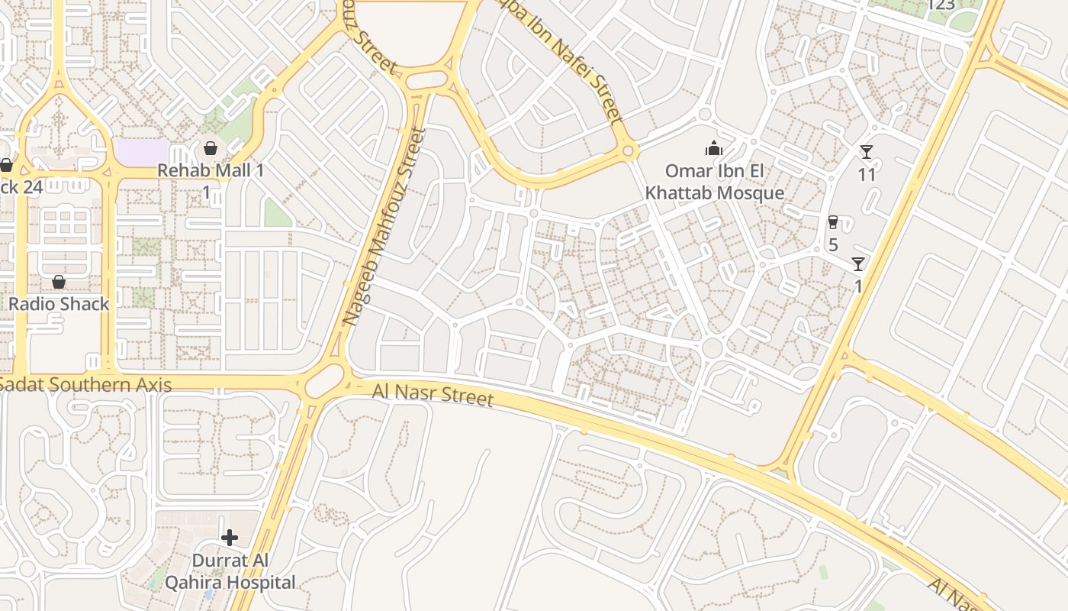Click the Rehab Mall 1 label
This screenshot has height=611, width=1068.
pos(211,170)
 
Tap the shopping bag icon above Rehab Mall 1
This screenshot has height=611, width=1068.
pos(211,147)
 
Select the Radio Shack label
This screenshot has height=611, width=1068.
pos(59,304)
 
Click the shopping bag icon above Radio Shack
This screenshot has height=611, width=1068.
pos(59,282)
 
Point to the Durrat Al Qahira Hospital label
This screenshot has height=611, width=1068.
pos(243,571)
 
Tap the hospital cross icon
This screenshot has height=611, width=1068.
pos(229,538)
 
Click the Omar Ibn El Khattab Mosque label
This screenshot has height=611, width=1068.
pos(715,182)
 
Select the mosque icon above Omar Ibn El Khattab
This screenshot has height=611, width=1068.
pos(714,148)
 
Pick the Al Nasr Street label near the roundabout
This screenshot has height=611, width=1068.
pos(433,396)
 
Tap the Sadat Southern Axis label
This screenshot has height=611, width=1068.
pos(85,384)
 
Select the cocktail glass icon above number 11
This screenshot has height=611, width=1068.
pos(866,152)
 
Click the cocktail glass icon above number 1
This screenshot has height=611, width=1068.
pos(858,264)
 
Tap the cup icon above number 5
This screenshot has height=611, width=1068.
pos(833,222)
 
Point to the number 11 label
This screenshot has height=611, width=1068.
pos(867,175)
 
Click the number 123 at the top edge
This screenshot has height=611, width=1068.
pos(941,5)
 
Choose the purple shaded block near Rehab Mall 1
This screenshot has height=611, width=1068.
pos(141,151)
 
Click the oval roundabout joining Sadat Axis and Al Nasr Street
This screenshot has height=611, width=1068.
pos(324,381)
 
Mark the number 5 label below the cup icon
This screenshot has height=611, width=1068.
pos(833,245)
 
